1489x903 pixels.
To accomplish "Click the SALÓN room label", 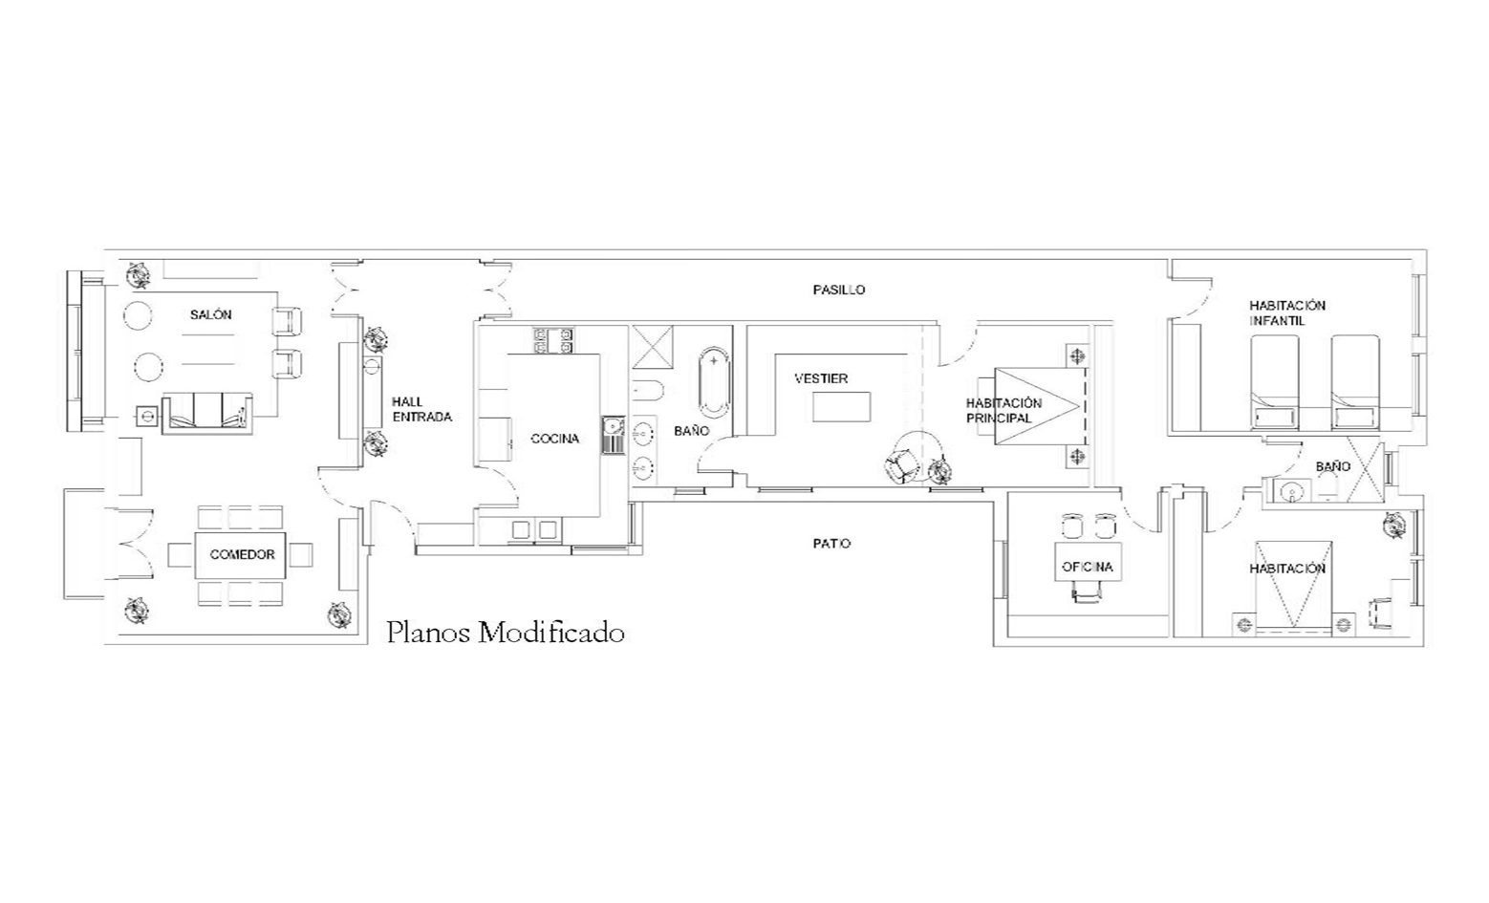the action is (210, 315).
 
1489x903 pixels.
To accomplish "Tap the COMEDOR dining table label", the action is (242, 555).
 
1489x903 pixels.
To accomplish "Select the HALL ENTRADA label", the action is (421, 409).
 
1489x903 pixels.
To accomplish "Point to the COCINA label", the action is (555, 439).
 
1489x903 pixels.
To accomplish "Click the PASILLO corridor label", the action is (839, 290).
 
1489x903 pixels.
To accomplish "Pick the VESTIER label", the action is (821, 378).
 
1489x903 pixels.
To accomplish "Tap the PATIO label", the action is (831, 544).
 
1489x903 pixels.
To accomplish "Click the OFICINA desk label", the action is (1088, 567).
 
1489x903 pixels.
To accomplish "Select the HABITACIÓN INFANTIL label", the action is (1287, 313).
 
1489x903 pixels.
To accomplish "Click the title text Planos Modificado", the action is (506, 633).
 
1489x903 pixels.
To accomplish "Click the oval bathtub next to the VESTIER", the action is (714, 383).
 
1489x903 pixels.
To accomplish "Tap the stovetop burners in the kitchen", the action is (553, 339).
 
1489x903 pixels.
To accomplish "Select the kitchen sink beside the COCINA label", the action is (614, 435).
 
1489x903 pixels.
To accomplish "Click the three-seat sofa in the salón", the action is (207, 414).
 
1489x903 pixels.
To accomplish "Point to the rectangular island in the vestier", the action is (842, 407).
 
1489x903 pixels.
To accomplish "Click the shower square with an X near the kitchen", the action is (652, 346).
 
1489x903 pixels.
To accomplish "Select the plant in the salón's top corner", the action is (140, 273).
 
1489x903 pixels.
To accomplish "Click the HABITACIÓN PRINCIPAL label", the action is (1003, 411).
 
